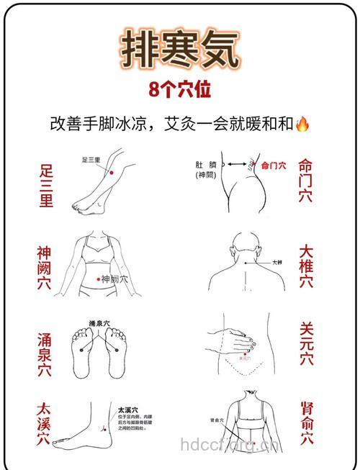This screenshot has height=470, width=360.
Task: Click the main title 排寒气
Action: tap(180, 50)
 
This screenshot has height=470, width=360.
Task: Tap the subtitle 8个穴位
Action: tap(180, 91)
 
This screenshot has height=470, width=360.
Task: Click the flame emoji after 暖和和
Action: tap(302, 123)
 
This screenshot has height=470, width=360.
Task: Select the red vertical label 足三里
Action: tap(46, 186)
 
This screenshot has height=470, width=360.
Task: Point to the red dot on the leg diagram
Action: tap(110, 173)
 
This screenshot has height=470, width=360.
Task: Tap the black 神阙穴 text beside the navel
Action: tap(114, 279)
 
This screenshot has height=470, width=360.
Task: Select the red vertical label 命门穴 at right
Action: tap(305, 180)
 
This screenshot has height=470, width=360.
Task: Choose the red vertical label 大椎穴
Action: tap(306, 267)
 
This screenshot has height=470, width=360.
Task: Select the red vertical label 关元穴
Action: tap(307, 344)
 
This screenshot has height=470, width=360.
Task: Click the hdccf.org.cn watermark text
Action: tap(229, 445)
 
